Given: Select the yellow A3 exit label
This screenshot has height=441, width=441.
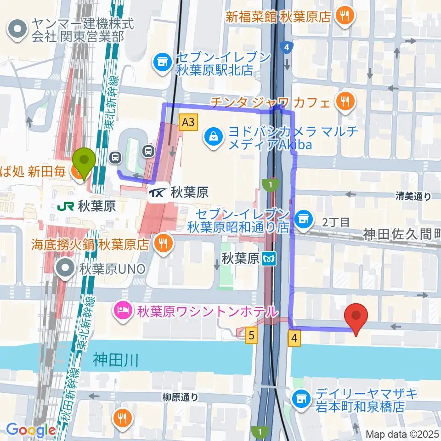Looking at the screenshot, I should (187, 122).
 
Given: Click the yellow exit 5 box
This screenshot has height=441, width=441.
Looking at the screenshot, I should (250, 336).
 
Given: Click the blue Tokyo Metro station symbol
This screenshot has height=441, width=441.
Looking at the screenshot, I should (268, 260).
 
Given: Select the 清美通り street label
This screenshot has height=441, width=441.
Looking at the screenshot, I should (413, 197).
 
